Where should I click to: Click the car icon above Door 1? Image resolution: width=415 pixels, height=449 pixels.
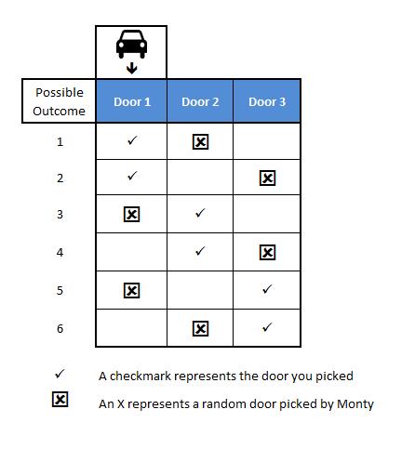[131, 44]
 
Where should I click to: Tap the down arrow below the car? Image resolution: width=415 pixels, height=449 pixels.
[132, 68]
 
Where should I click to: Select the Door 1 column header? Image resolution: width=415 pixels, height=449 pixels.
[131, 101]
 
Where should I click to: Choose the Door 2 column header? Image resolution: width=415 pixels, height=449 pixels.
[200, 101]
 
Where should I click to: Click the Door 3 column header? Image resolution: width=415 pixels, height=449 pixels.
[267, 101]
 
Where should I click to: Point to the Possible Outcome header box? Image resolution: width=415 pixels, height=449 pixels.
[59, 101]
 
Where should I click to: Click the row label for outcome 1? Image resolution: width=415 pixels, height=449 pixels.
[60, 142]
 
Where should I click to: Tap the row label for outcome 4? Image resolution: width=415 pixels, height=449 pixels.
[60, 252]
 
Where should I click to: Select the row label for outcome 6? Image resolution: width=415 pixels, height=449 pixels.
[60, 328]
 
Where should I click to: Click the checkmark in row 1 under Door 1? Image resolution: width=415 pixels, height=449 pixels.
[132, 140]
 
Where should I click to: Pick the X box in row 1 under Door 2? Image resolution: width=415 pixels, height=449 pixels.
[200, 142]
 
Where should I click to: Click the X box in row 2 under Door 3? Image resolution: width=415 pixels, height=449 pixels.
[267, 178]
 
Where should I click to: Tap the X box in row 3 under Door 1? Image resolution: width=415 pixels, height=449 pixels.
[132, 215]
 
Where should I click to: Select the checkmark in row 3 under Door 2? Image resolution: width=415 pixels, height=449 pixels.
[200, 213]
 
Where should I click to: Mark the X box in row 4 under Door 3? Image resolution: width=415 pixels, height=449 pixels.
[267, 252]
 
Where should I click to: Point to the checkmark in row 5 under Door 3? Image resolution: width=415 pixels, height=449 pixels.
[267, 289]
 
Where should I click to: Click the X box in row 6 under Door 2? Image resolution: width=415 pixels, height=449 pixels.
[200, 328]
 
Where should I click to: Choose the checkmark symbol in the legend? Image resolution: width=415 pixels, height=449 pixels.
[60, 374]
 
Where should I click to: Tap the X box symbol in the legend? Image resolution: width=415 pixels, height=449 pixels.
[60, 400]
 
